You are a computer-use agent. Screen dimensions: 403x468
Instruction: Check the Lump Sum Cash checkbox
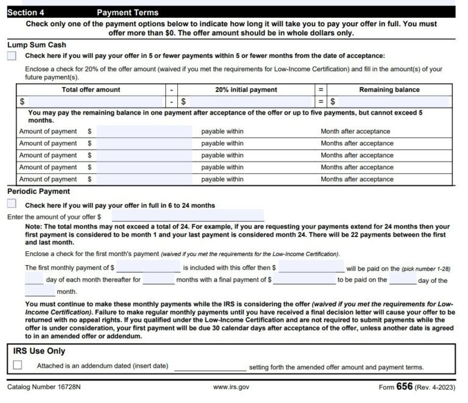12,55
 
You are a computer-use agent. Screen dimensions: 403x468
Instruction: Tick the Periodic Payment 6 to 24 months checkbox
12,204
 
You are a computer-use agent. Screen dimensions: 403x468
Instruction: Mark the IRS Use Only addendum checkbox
18,365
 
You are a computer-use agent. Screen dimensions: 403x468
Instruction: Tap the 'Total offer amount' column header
91,90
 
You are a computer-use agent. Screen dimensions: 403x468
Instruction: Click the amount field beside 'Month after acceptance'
144,131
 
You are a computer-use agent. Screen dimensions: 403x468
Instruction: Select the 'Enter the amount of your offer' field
188,216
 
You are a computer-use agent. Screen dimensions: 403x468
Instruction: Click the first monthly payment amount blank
148,267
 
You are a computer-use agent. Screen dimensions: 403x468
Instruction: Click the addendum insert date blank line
210,367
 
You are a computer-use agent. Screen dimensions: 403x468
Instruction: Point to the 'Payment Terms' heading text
127,12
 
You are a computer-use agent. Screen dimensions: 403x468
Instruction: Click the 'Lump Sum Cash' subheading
37,45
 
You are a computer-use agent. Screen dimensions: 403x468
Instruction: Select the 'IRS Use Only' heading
39,351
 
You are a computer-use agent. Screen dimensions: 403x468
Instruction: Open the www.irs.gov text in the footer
231,387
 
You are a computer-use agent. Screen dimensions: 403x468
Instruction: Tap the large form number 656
405,387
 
